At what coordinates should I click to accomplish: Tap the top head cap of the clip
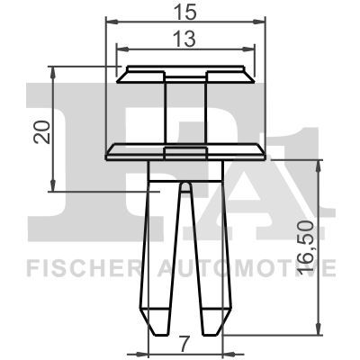coord(187,71)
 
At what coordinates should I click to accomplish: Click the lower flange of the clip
coord(187,150)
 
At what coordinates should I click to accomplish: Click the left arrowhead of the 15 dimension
coord(110,20)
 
